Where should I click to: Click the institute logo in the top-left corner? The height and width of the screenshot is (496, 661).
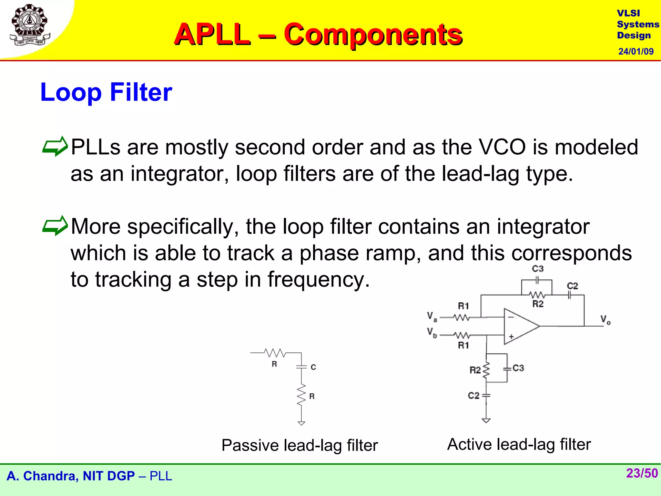[30, 25]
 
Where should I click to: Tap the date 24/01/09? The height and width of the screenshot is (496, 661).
[636, 51]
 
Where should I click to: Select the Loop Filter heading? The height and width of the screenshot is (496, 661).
[106, 92]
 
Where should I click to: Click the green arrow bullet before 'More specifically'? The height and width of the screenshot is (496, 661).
[55, 225]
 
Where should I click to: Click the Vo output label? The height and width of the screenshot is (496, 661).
[605, 320]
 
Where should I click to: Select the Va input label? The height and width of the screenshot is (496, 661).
[432, 316]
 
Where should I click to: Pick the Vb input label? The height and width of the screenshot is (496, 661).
[432, 332]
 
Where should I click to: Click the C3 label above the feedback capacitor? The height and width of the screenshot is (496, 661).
[538, 269]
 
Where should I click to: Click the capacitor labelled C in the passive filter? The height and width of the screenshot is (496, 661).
[301, 367]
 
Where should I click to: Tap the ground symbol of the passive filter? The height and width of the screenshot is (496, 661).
[301, 423]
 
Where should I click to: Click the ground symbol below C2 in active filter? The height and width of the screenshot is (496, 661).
[486, 420]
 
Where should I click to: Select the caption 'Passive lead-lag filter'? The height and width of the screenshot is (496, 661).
[300, 445]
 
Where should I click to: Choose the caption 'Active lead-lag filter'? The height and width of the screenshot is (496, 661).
[519, 444]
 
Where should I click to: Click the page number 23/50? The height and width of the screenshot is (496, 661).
[642, 473]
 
